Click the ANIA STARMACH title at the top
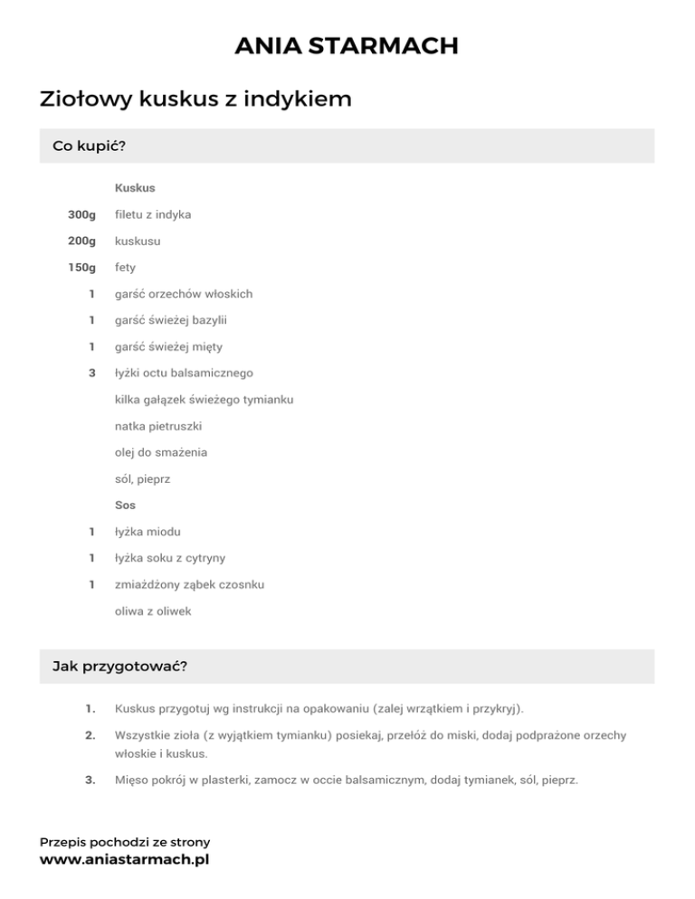[x=347, y=45]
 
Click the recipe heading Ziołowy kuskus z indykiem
[x=195, y=99]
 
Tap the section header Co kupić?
[x=89, y=146]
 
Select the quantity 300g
[x=81, y=214]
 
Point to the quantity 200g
[x=81, y=241]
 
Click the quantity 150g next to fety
[x=81, y=268]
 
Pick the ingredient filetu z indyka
[x=153, y=214]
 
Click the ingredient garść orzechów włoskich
[x=184, y=294]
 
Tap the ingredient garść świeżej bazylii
[x=177, y=320]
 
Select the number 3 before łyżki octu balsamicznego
[x=91, y=373]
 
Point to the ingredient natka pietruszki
[x=159, y=425]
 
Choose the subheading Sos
[x=125, y=505]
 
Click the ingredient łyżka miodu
[x=153, y=532]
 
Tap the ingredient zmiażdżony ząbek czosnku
[x=189, y=584]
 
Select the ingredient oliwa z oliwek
[x=153, y=611]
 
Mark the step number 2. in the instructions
[x=90, y=736]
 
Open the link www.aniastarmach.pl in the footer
[x=124, y=859]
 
